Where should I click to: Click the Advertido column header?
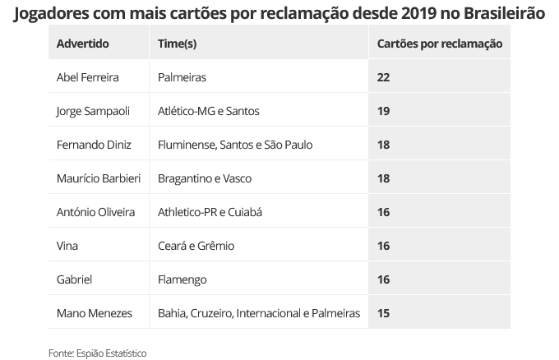[x=82, y=43]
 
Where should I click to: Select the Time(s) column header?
[x=177, y=43]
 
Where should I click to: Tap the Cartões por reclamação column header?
[x=439, y=43]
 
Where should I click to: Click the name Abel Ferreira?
[x=87, y=77]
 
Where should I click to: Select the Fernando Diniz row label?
[x=93, y=145]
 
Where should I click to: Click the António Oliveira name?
[x=95, y=212]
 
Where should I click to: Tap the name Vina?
[x=67, y=246]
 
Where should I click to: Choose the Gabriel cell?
[x=74, y=279]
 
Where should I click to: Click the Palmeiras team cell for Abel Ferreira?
[x=182, y=77]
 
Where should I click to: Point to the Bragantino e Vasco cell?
[x=205, y=178]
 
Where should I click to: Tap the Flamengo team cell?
[x=182, y=279]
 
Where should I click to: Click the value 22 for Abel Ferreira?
[x=384, y=77]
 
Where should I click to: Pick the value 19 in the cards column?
[x=384, y=111]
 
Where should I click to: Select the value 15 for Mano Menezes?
[x=384, y=313]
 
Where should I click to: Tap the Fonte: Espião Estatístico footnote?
[x=97, y=353]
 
